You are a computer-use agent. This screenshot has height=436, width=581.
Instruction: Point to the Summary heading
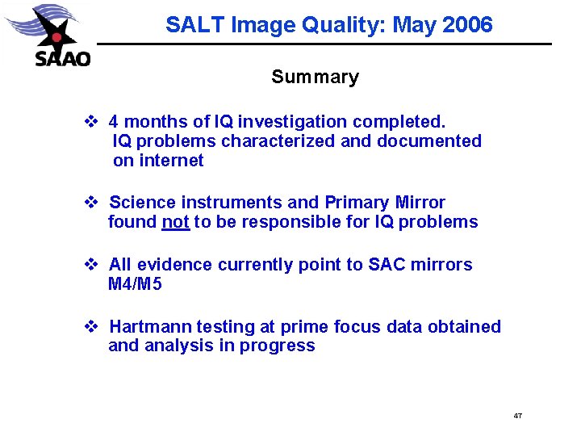pyautogui.click(x=315, y=78)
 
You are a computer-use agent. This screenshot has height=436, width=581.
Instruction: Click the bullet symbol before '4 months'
pyautogui.click(x=91, y=122)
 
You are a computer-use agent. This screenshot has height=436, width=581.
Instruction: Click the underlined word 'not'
pyautogui.click(x=175, y=222)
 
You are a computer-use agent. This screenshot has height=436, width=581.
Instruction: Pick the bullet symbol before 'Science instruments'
pyautogui.click(x=91, y=203)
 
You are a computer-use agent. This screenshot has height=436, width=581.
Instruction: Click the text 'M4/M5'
pyautogui.click(x=135, y=284)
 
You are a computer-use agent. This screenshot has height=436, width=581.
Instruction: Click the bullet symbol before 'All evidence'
pyautogui.click(x=91, y=265)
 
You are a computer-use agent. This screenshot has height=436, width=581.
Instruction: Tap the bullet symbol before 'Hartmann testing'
pyautogui.click(x=91, y=327)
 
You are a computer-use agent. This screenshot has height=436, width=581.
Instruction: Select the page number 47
pyautogui.click(x=517, y=416)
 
